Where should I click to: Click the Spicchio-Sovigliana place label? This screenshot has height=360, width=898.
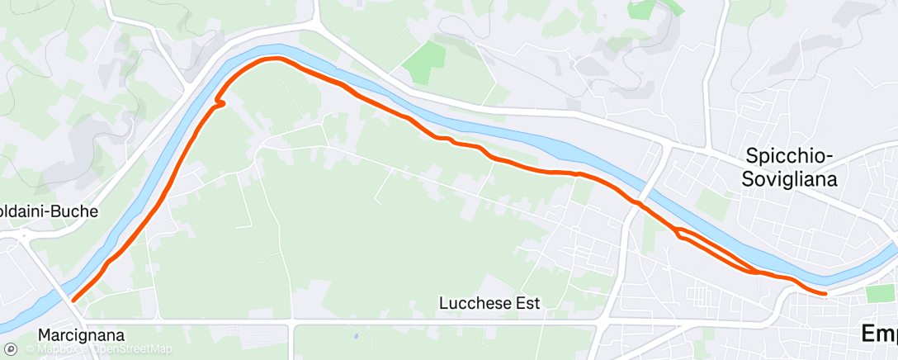pyautogui.click(x=791, y=167)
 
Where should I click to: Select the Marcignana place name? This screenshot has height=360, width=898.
pyautogui.click(x=81, y=336)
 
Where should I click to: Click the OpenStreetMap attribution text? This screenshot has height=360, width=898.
pyautogui.click(x=132, y=348)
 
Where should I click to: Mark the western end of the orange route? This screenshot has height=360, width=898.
pyautogui.click(x=73, y=301)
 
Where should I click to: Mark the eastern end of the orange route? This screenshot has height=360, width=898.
pyautogui.click(x=825, y=292)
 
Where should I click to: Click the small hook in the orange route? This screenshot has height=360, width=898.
pyautogui.click(x=220, y=102)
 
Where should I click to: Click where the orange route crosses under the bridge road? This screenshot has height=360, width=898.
pyautogui.click(x=638, y=202)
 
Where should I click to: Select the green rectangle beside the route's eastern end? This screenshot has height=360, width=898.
pyautogui.click(x=880, y=294)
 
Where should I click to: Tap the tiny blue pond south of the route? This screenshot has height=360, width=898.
pyautogui.click(x=356, y=337)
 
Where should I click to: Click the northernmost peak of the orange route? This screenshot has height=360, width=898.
pyautogui.click(x=272, y=59)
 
